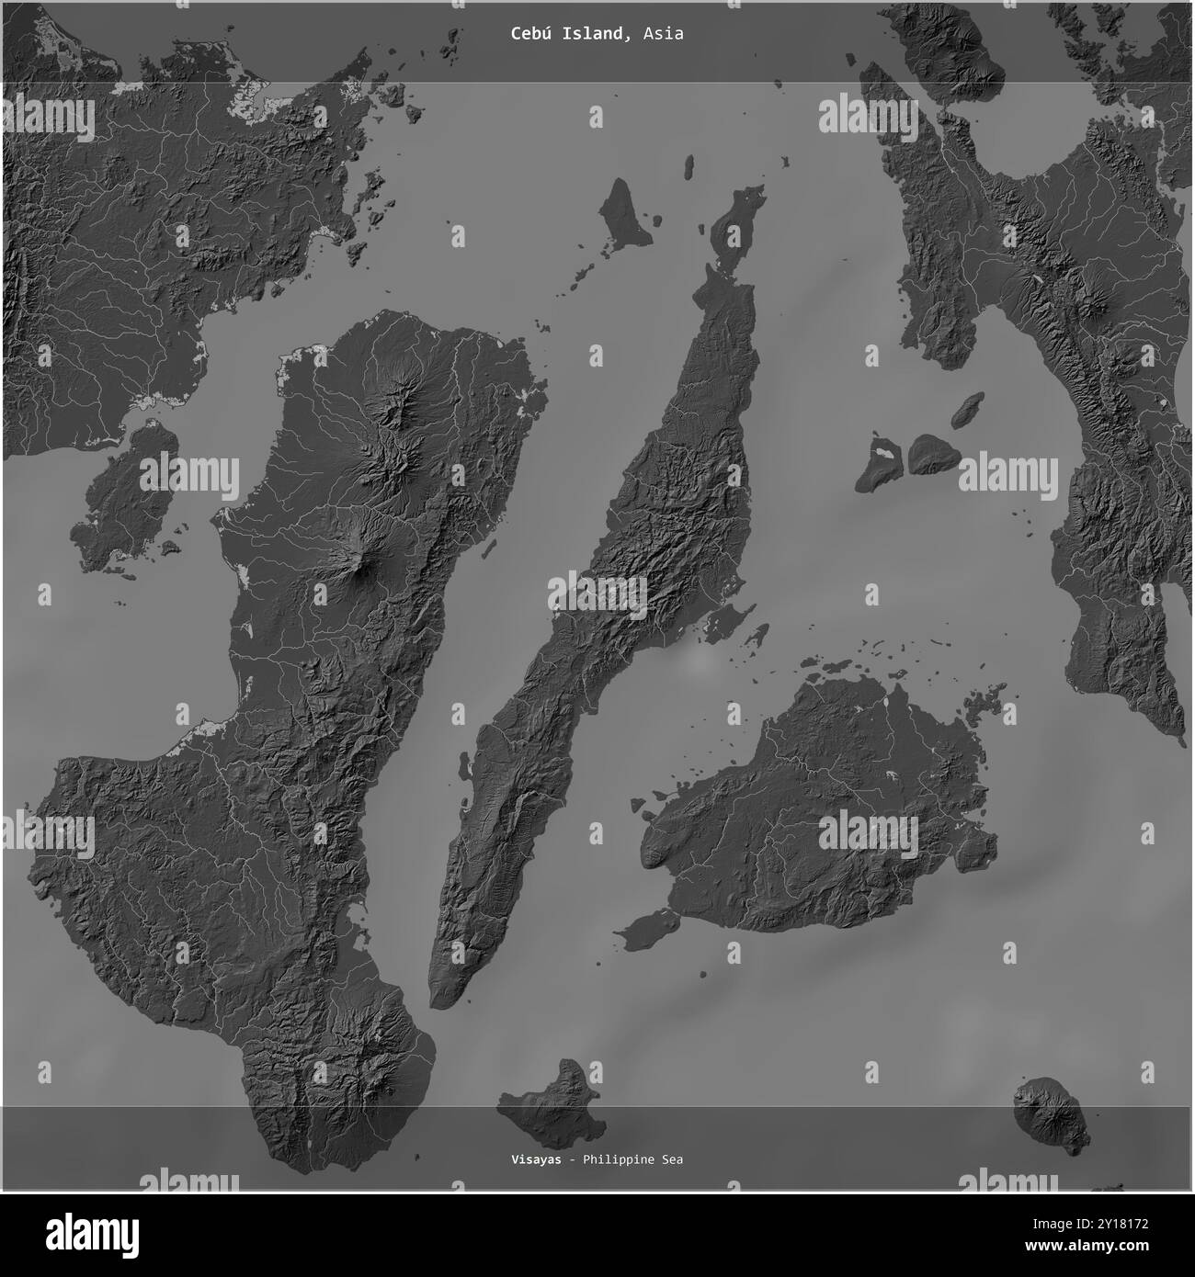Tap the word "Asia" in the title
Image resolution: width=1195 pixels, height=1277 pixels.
click(663, 34)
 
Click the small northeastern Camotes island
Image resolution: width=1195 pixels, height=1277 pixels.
click(966, 410)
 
